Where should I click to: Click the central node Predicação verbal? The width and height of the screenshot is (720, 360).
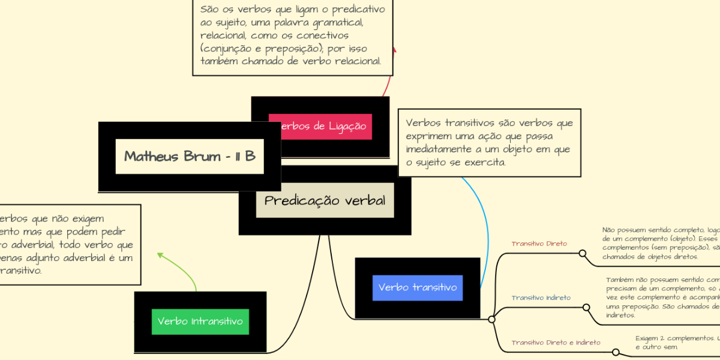pyautogui.click(x=325, y=200)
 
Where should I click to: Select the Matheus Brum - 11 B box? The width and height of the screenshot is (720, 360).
pyautogui.click(x=190, y=157)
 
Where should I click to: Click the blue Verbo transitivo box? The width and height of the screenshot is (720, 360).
pyautogui.click(x=418, y=287)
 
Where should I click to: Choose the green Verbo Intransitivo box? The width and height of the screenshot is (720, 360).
pyautogui.click(x=200, y=321)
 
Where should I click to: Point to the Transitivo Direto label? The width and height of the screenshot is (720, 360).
pyautogui.click(x=539, y=244)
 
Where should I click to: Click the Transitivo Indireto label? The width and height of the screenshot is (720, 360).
pyautogui.click(x=541, y=298)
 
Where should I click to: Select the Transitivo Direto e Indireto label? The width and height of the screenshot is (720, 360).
pyautogui.click(x=556, y=343)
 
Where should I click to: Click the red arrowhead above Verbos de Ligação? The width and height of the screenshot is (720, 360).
pyautogui.click(x=394, y=49)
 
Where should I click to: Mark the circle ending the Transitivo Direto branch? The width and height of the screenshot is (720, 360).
pyautogui.click(x=582, y=253)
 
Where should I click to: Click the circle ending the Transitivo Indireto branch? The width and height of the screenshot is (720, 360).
pyautogui.click(x=587, y=307)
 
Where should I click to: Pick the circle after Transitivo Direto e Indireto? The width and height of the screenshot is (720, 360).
pyautogui.click(x=615, y=352)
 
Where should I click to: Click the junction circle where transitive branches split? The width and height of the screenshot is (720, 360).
pyautogui.click(x=491, y=319)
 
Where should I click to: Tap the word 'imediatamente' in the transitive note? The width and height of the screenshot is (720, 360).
pyautogui.click(x=437, y=149)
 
